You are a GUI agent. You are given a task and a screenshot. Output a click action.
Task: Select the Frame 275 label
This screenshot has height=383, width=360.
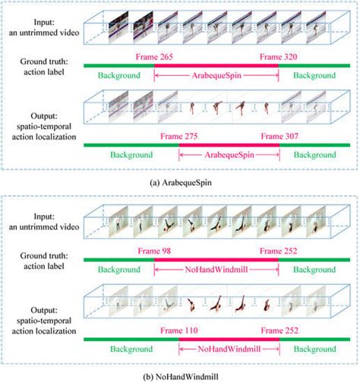[178, 135]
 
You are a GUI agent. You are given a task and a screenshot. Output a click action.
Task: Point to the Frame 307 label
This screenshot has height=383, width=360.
[280, 135]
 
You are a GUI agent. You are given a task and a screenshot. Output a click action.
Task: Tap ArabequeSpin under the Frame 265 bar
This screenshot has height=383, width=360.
[216, 77]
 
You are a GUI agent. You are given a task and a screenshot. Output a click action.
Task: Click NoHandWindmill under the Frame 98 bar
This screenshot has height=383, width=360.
[216, 269]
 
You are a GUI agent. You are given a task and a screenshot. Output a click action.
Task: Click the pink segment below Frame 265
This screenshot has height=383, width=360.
[216, 67]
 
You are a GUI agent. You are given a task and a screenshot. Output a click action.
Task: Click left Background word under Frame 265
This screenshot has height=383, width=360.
[118, 77]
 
